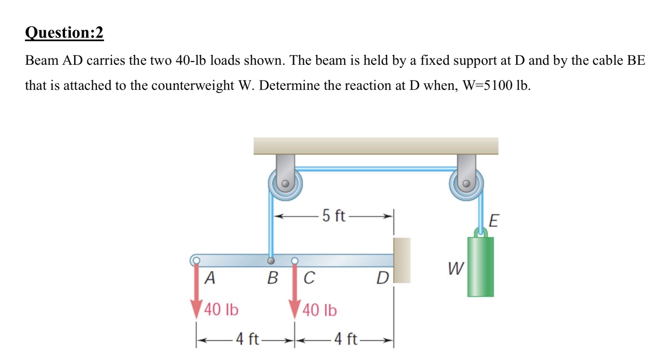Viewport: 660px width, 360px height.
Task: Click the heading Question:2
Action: point(64,33)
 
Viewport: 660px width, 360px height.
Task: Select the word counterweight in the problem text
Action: point(193,85)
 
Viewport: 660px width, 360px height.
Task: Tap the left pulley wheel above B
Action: point(285,184)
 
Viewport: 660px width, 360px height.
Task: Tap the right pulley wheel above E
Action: point(466,184)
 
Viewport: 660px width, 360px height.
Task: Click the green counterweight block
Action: point(480,267)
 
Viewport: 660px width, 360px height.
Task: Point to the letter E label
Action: point(494,221)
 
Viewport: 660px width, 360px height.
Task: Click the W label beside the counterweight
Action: point(455,269)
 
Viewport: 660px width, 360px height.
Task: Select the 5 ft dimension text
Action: point(334,216)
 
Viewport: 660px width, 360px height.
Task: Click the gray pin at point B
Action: point(271,261)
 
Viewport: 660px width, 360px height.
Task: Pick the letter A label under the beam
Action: point(210,278)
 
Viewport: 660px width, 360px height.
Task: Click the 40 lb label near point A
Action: point(221,310)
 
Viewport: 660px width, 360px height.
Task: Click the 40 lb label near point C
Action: point(320,310)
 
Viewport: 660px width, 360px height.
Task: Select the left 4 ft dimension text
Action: point(247,339)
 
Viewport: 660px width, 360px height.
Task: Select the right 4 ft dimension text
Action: point(346,339)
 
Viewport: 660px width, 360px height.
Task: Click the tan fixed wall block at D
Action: point(402,260)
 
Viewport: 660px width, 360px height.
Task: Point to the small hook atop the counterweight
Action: point(481,232)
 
